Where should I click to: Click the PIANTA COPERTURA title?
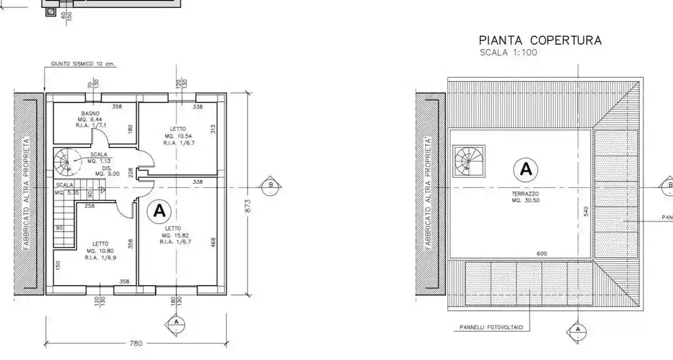coord(540,40)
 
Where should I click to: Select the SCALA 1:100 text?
coord(508,52)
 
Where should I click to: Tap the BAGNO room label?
coord(90,113)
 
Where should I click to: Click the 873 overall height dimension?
coord(248,206)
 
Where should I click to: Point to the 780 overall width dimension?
coord(135,344)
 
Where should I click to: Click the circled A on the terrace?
coord(526,169)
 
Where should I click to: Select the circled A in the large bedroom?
coord(159,211)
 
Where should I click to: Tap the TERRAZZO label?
coord(525,194)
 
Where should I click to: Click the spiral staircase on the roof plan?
coord(468,161)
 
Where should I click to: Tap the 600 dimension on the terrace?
coord(542,254)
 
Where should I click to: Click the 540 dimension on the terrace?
coord(586,212)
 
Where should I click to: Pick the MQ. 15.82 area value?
coord(176,235)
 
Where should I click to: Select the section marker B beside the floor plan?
coord(270,185)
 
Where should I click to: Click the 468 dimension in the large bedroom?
coord(213,242)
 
